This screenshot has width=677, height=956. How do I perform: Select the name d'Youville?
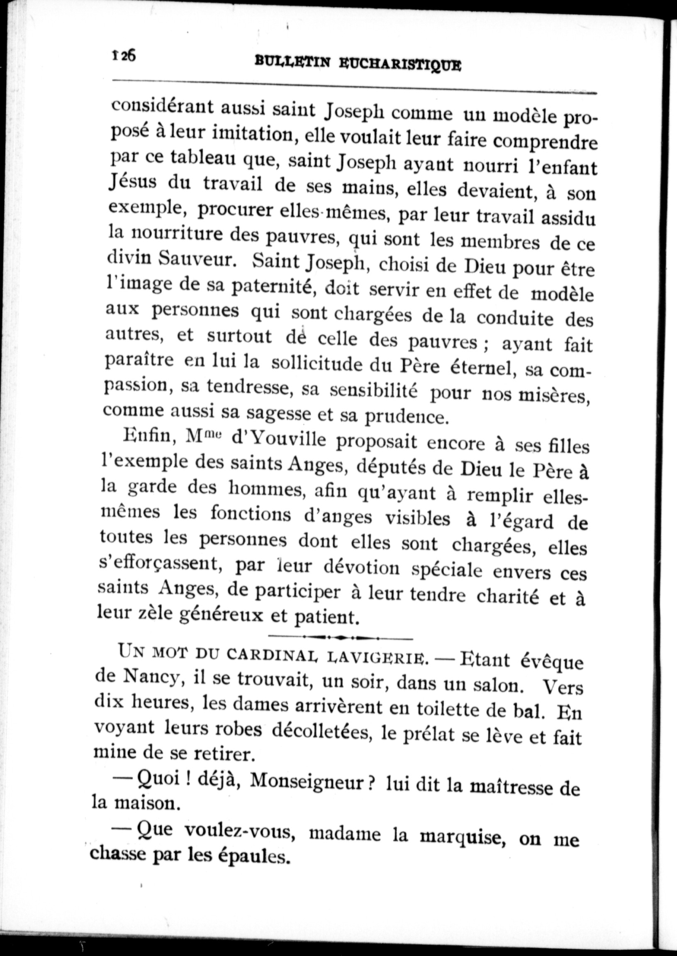point(278,440)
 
